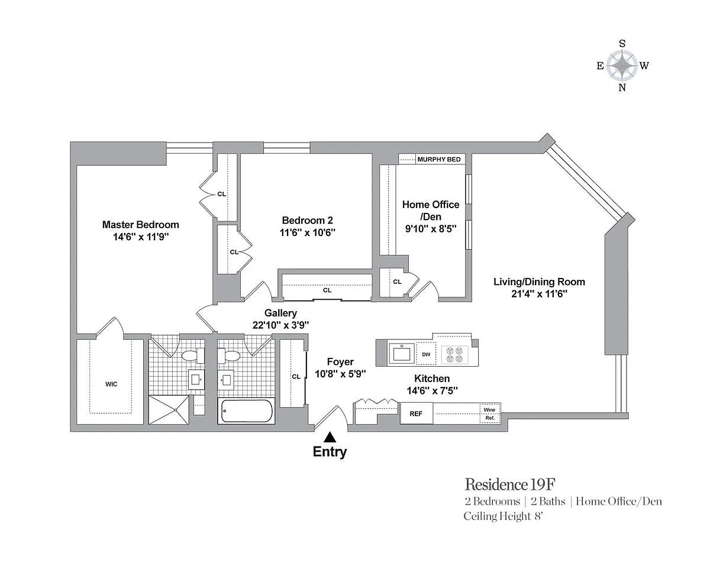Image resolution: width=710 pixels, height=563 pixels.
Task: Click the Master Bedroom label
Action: click(x=141, y=225)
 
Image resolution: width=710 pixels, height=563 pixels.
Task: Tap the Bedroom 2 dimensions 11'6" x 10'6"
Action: click(x=308, y=232)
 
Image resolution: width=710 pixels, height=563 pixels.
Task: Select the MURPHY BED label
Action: click(x=439, y=159)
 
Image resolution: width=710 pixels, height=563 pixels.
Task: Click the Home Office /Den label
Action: click(x=431, y=211)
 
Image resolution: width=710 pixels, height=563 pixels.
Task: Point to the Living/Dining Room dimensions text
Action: click(x=539, y=293)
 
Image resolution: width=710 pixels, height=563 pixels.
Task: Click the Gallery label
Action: click(x=280, y=313)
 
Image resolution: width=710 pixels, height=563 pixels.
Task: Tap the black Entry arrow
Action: click(x=330, y=438)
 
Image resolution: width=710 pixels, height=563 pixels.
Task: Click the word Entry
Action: click(x=330, y=452)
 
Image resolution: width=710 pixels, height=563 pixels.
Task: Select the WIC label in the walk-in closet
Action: click(x=111, y=384)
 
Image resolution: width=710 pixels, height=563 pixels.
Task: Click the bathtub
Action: click(x=247, y=411)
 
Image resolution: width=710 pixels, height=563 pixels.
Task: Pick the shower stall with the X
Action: click(x=169, y=410)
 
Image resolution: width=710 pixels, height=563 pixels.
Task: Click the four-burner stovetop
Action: click(x=454, y=355)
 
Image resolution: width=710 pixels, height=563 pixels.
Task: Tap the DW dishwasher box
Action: click(x=426, y=354)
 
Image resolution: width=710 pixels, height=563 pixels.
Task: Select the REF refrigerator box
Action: click(x=416, y=413)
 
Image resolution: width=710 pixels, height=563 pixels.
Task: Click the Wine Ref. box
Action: click(x=490, y=413)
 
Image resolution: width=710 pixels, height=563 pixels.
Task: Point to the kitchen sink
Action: click(x=402, y=354)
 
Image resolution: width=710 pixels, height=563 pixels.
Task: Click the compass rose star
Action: click(x=622, y=66)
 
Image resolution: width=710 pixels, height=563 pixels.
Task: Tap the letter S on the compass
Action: click(x=622, y=44)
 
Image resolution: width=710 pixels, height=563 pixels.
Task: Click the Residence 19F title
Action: click(x=510, y=484)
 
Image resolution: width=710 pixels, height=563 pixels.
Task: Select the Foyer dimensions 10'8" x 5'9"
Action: click(x=340, y=374)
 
